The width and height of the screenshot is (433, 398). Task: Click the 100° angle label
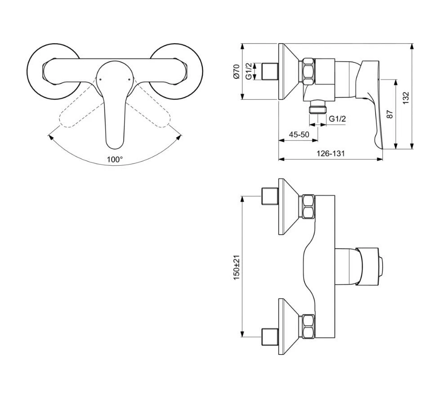(x=115, y=159)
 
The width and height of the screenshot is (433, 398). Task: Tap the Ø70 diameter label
(x=237, y=72)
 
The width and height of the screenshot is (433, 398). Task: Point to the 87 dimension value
(x=390, y=114)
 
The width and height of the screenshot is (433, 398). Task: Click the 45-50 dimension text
(x=299, y=134)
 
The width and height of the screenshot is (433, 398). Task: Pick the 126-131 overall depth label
(x=330, y=153)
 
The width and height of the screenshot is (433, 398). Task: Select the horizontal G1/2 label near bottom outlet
(x=337, y=119)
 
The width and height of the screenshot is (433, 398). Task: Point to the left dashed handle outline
(x=74, y=115)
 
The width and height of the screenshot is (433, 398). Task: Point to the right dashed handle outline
(x=155, y=115)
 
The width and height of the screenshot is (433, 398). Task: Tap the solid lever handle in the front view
(x=115, y=121)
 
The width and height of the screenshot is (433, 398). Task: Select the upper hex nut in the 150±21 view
(x=308, y=206)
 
